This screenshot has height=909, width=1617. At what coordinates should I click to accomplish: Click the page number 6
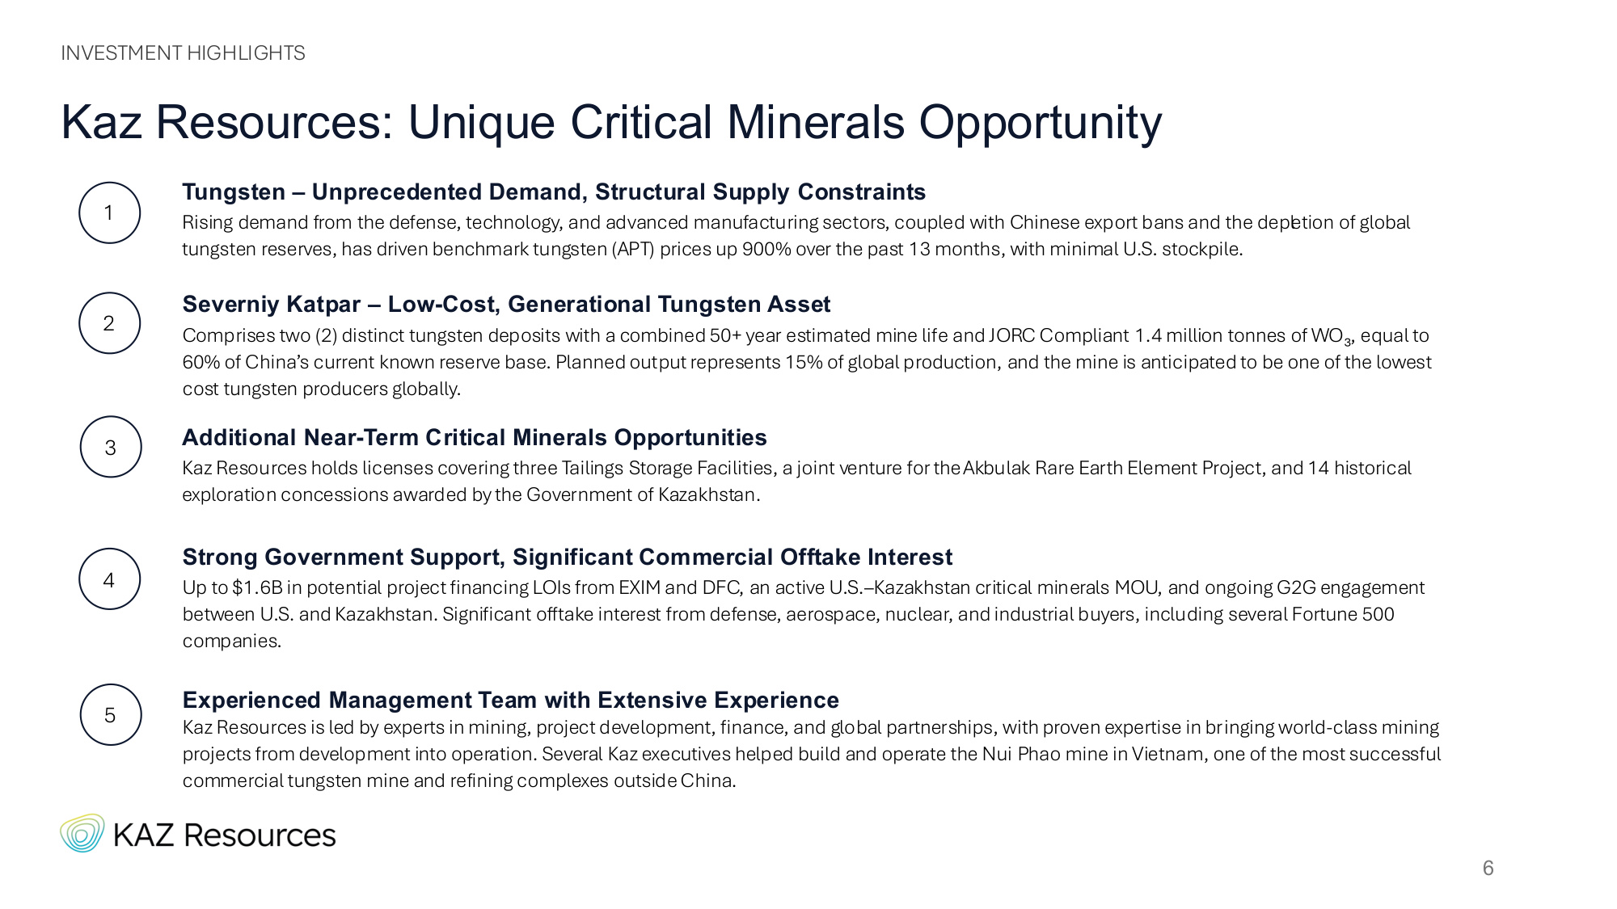(1488, 868)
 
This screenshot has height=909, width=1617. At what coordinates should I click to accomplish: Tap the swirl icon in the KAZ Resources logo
(82, 833)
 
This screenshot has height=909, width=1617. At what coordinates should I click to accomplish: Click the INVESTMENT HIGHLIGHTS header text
(183, 53)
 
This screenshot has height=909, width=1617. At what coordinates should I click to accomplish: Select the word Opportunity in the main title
(1041, 124)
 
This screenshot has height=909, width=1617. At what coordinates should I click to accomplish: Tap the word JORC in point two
(1012, 335)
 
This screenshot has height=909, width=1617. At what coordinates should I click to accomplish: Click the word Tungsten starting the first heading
(234, 192)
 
